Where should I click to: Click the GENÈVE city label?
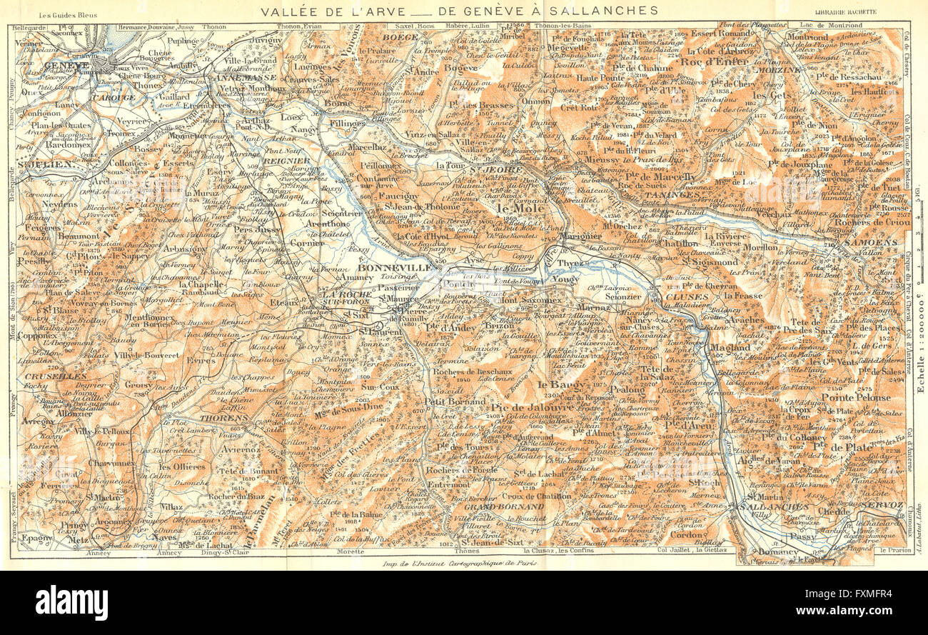[66, 65]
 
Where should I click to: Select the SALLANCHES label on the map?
[775, 506]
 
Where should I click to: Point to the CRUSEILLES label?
[46, 375]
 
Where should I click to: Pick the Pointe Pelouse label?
[856, 397]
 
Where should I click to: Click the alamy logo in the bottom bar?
[71, 602]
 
